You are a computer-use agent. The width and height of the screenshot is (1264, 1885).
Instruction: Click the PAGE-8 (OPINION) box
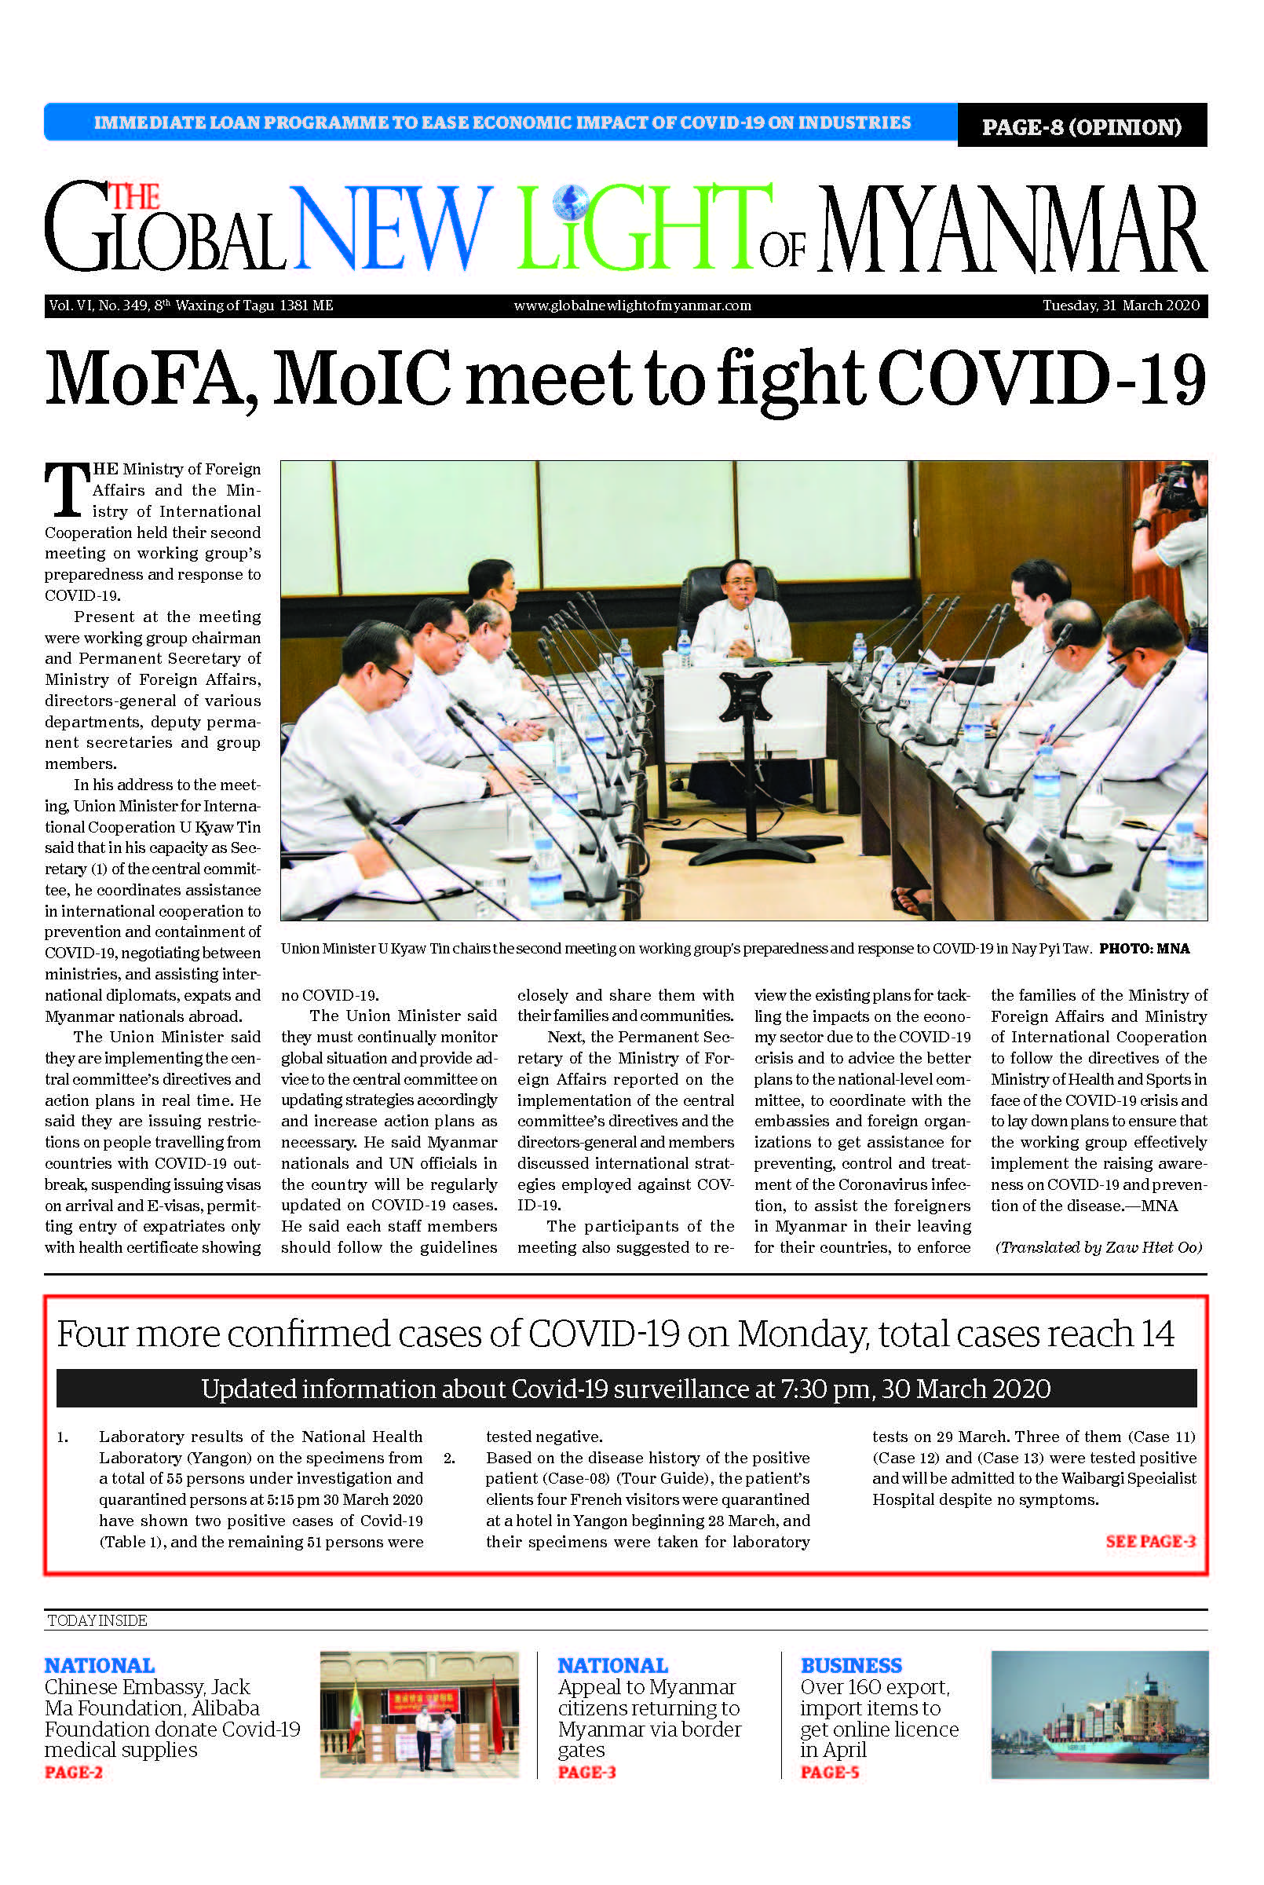pyautogui.click(x=1081, y=126)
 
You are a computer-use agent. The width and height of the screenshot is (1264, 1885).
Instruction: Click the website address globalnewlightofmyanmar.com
pyautogui.click(x=632, y=306)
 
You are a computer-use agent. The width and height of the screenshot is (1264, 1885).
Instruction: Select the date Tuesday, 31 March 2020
pyautogui.click(x=1120, y=306)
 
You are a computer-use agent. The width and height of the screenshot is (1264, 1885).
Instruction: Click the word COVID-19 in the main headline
pyautogui.click(x=1041, y=377)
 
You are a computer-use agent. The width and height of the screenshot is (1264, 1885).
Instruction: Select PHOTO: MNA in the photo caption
pyautogui.click(x=1144, y=948)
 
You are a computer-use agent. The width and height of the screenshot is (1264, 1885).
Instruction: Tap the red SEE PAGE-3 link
pyautogui.click(x=1150, y=1541)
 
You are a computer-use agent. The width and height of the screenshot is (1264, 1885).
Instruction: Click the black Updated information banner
pyautogui.click(x=626, y=1389)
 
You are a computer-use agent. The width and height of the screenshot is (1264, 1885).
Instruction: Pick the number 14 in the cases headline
pyautogui.click(x=1156, y=1334)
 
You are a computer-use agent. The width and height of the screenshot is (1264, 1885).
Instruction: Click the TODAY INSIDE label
pyautogui.click(x=97, y=1620)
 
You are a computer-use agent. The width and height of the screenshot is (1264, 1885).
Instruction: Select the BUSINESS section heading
pyautogui.click(x=850, y=1665)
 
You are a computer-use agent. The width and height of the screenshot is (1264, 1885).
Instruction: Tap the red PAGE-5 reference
pyautogui.click(x=830, y=1771)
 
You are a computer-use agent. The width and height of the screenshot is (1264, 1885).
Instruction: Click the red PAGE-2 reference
pyautogui.click(x=73, y=1771)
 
